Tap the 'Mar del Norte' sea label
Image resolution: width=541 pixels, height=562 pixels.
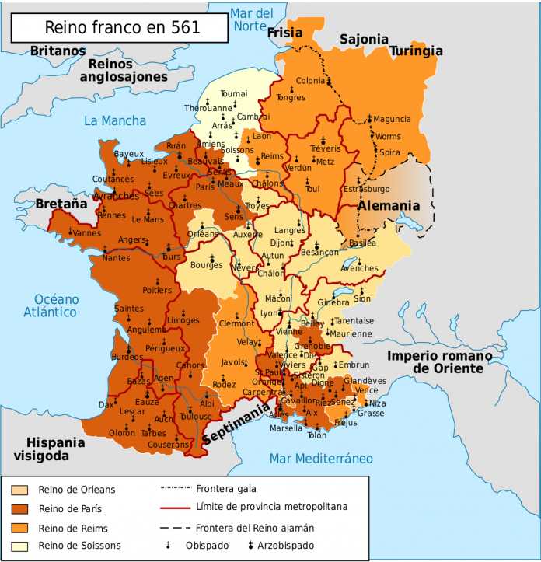click(253, 19)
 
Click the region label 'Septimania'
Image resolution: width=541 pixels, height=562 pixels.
click(236, 424)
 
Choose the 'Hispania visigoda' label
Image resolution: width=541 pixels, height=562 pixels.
click(49, 449)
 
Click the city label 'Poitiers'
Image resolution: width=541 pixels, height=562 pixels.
click(157, 290)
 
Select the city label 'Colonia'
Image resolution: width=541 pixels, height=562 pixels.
click(311, 81)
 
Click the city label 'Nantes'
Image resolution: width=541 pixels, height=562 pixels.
click(116, 258)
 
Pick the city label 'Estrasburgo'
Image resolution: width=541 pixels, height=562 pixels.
click(365, 189)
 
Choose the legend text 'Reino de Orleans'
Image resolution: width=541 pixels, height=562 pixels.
click(76, 490)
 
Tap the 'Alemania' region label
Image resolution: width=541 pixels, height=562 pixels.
click(389, 206)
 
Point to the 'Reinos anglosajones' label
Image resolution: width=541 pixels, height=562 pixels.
click(123, 70)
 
